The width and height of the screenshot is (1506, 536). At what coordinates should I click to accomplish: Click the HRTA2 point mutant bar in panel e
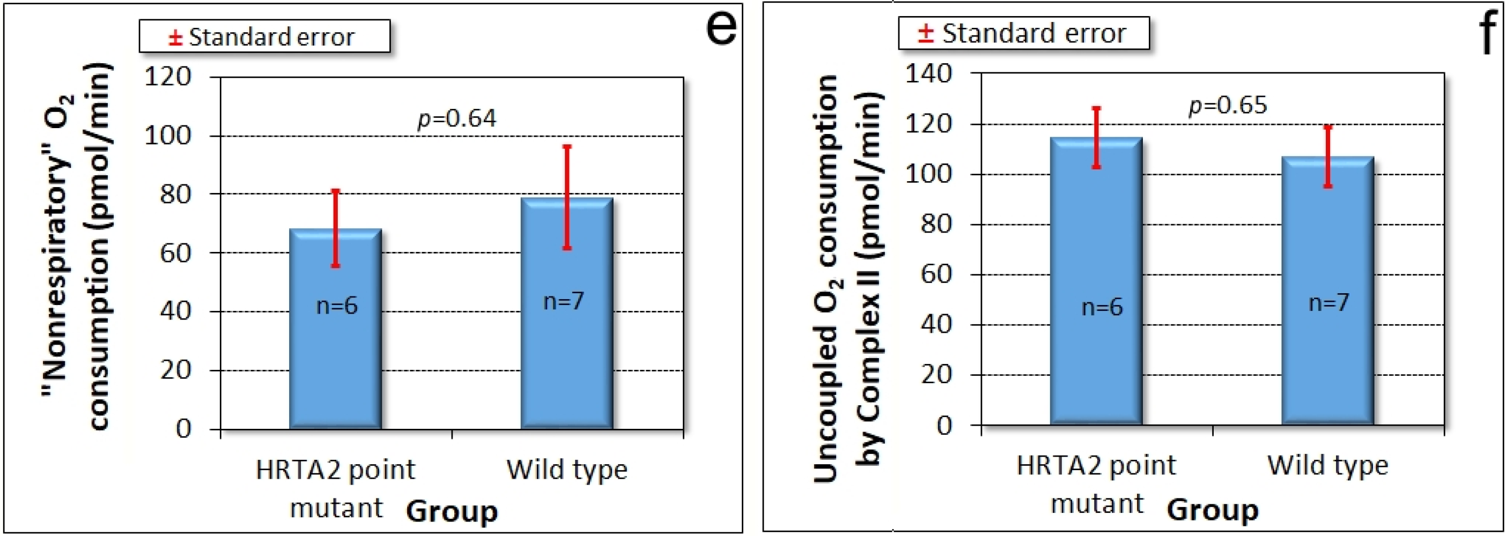click(336, 351)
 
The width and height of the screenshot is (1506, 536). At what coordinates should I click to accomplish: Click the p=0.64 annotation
click(456, 118)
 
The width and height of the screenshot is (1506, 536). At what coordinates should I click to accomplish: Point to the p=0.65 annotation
click(1228, 105)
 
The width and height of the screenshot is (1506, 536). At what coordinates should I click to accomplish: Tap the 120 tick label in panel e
click(168, 77)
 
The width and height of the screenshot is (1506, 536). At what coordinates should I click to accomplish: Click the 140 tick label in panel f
click(928, 73)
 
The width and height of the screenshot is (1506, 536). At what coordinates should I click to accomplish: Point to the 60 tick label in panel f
click(936, 273)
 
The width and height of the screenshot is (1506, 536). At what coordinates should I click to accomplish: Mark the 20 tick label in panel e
click(175, 370)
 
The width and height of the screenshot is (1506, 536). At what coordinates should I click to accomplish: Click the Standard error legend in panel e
click(264, 37)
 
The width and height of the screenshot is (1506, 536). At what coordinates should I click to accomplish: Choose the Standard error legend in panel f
click(1023, 33)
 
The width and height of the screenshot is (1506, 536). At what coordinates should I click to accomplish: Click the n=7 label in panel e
click(564, 301)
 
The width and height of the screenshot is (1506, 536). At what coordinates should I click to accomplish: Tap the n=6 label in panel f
click(1102, 307)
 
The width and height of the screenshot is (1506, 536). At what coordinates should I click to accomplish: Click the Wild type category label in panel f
click(1328, 466)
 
